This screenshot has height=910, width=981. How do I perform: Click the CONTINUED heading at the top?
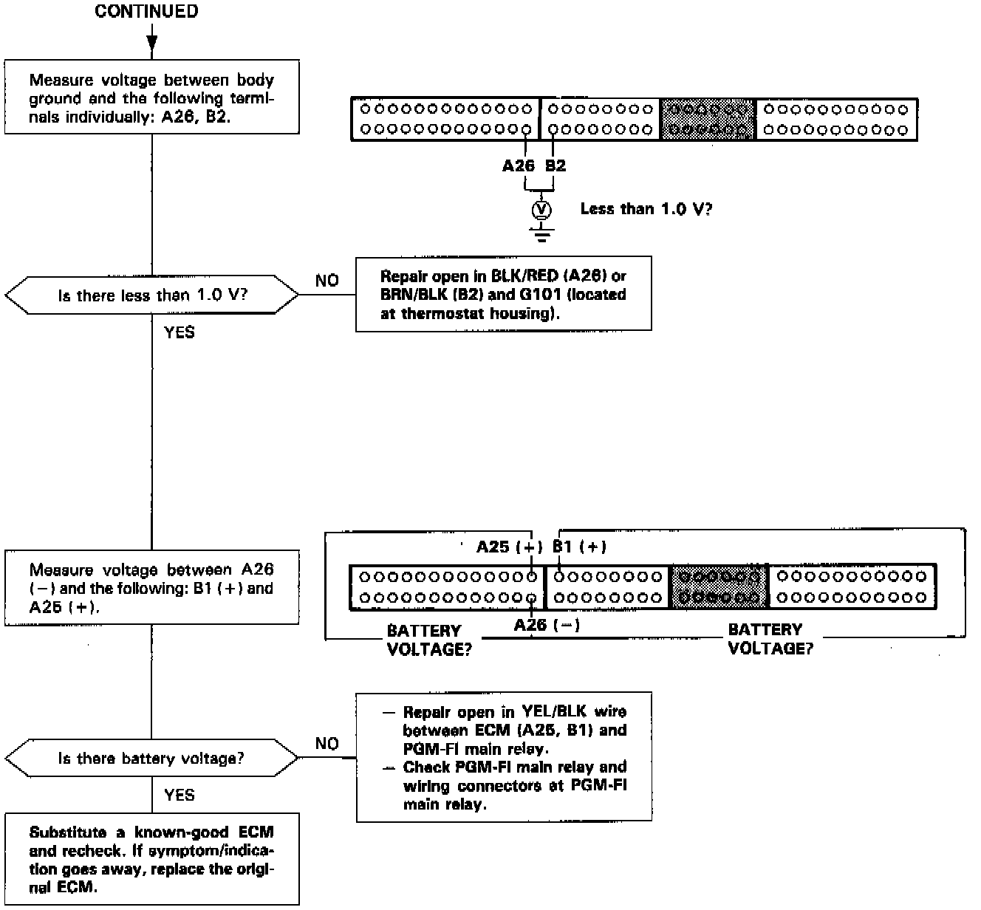click(x=146, y=12)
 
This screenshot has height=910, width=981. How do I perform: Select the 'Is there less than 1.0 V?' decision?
click(x=152, y=295)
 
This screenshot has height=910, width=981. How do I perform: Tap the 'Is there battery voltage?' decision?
click(x=151, y=759)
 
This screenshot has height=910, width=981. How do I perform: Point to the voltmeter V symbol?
click(x=543, y=210)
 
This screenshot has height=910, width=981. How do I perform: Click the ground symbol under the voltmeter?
click(x=543, y=236)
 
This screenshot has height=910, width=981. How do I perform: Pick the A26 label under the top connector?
click(x=518, y=165)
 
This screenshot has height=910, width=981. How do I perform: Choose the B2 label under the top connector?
click(x=556, y=165)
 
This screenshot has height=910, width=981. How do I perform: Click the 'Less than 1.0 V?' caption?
click(x=646, y=209)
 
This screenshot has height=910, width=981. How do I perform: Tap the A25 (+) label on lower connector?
click(x=509, y=547)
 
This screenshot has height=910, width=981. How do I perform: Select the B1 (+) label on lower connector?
click(x=580, y=547)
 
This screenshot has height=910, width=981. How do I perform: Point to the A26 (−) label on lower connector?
click(x=547, y=626)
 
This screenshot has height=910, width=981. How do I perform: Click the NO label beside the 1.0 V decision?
click(x=327, y=281)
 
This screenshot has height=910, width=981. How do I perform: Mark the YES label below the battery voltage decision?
click(x=180, y=795)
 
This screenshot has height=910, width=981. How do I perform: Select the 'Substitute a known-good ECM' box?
click(x=152, y=860)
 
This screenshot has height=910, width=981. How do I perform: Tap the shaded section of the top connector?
click(x=707, y=120)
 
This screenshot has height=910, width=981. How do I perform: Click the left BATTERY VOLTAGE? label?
click(x=429, y=640)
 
